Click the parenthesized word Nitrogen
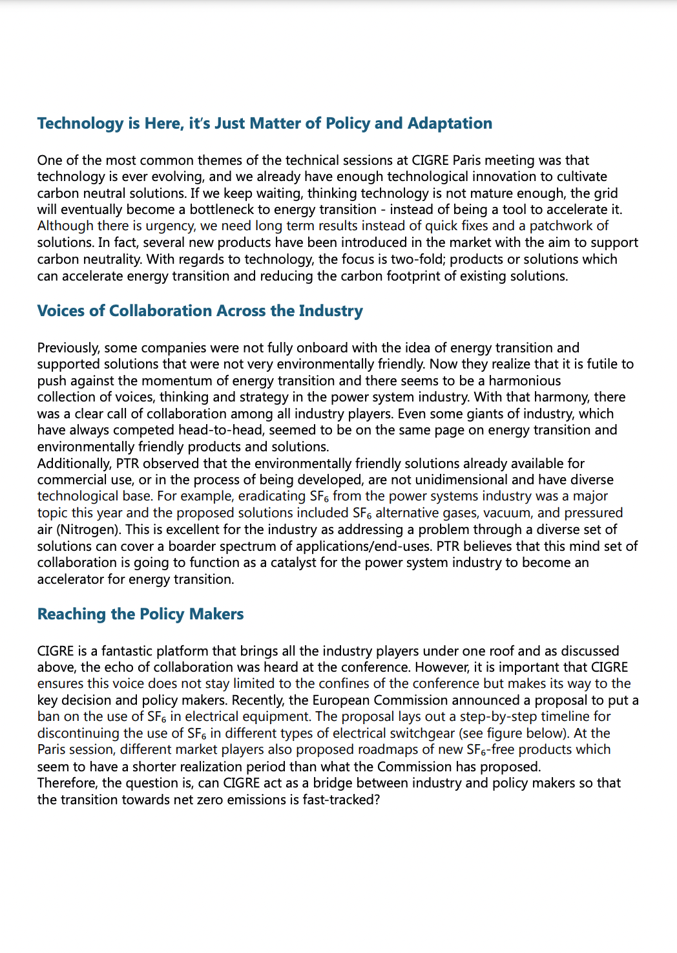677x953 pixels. click(87, 530)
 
